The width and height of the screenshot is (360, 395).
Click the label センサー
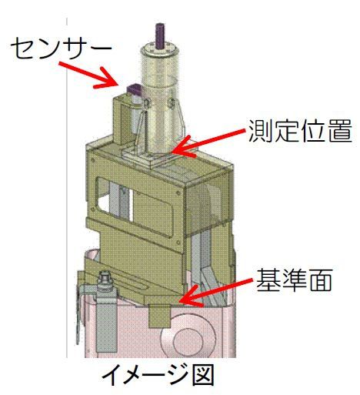61,48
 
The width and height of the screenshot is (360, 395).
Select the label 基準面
294,280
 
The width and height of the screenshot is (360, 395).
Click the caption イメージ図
158,377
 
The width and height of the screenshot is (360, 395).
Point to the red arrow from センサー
88,75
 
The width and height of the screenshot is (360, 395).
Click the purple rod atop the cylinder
161,35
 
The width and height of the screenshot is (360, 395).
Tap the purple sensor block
135,90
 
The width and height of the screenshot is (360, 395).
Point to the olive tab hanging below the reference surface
159,316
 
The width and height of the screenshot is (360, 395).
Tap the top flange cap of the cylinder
161,51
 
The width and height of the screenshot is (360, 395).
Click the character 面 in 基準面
320,280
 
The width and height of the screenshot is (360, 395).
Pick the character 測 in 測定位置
260,132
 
